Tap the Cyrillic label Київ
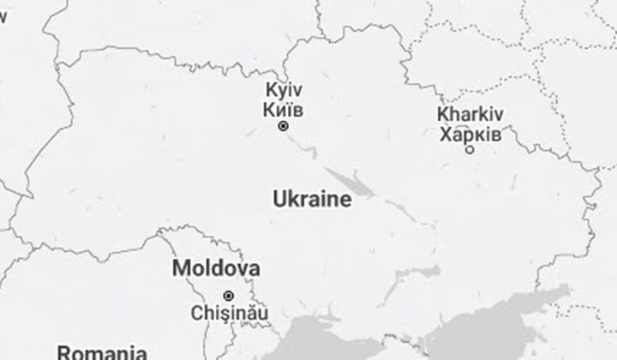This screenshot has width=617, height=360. click(x=284, y=110)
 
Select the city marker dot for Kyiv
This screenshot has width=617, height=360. click(x=283, y=126)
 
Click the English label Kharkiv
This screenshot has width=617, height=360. click(x=470, y=115)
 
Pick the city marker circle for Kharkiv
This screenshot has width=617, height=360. click(x=470, y=150)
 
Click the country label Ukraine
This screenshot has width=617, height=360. click(x=312, y=200)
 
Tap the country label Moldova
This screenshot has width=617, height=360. click(x=216, y=267)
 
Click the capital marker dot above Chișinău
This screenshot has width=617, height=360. click(x=228, y=296)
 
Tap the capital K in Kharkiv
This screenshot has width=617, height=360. click(x=442, y=115)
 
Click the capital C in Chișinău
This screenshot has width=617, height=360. click(x=199, y=312)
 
